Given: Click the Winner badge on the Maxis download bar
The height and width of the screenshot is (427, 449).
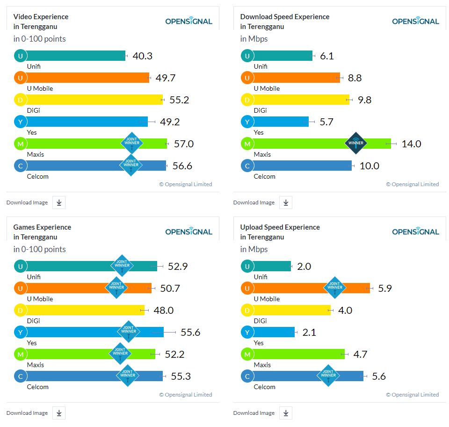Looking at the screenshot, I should click(x=356, y=143).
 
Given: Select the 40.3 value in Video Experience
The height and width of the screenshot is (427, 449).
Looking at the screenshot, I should click(x=143, y=56).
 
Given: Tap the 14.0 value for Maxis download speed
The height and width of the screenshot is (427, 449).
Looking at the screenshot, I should click(x=411, y=144).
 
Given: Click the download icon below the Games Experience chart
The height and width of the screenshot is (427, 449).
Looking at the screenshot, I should click(x=59, y=413).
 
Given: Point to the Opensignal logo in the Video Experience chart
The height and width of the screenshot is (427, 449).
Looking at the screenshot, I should click(x=188, y=21).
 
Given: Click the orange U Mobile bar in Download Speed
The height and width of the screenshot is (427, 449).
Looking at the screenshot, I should click(x=295, y=78).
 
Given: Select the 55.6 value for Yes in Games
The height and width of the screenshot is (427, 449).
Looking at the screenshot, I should click(x=190, y=333).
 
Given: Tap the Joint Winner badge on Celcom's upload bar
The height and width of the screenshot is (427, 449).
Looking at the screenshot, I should click(x=328, y=375).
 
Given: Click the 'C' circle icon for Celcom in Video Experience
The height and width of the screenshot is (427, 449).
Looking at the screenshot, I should click(x=20, y=166).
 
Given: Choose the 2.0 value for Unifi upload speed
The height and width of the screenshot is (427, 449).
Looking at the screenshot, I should click(x=304, y=267).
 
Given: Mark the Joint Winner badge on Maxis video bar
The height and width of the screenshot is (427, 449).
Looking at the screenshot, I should click(x=131, y=143).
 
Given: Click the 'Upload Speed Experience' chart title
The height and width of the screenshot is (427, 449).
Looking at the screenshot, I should click(x=280, y=227).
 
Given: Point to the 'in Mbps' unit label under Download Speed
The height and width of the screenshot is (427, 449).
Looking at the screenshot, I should click(x=254, y=39).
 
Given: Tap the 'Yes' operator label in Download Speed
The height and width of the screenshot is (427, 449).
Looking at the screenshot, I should click(x=259, y=132).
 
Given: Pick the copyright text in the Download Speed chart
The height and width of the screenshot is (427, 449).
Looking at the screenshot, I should click(x=412, y=184).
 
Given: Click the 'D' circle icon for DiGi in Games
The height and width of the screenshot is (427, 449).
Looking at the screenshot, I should click(x=20, y=310).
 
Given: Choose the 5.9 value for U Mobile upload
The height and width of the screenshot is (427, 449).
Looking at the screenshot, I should click(x=385, y=289).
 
